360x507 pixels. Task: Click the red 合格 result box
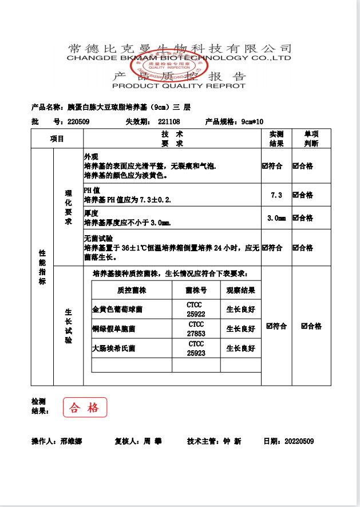pos(85,407)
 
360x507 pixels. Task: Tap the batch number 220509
pos(78,121)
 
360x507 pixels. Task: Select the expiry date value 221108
pos(169,121)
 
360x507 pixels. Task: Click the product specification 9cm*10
pos(252,121)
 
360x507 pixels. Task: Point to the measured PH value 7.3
pos(276,195)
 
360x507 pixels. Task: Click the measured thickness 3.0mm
pos(276,218)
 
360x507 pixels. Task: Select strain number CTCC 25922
pos(196,310)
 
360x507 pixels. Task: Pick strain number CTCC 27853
pos(196,329)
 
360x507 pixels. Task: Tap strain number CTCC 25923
pos(196,348)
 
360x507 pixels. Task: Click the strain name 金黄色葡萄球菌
pos(117,310)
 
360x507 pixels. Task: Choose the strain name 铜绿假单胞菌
pos(114,329)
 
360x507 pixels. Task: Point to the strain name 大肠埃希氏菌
pos(114,348)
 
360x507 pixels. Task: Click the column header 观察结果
pos(240,290)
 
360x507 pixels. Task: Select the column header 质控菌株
pos(132,290)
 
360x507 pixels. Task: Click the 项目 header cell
pos(57,139)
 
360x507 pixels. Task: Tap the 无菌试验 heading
pos(98,238)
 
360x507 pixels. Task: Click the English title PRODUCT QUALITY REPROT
pos(179,86)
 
